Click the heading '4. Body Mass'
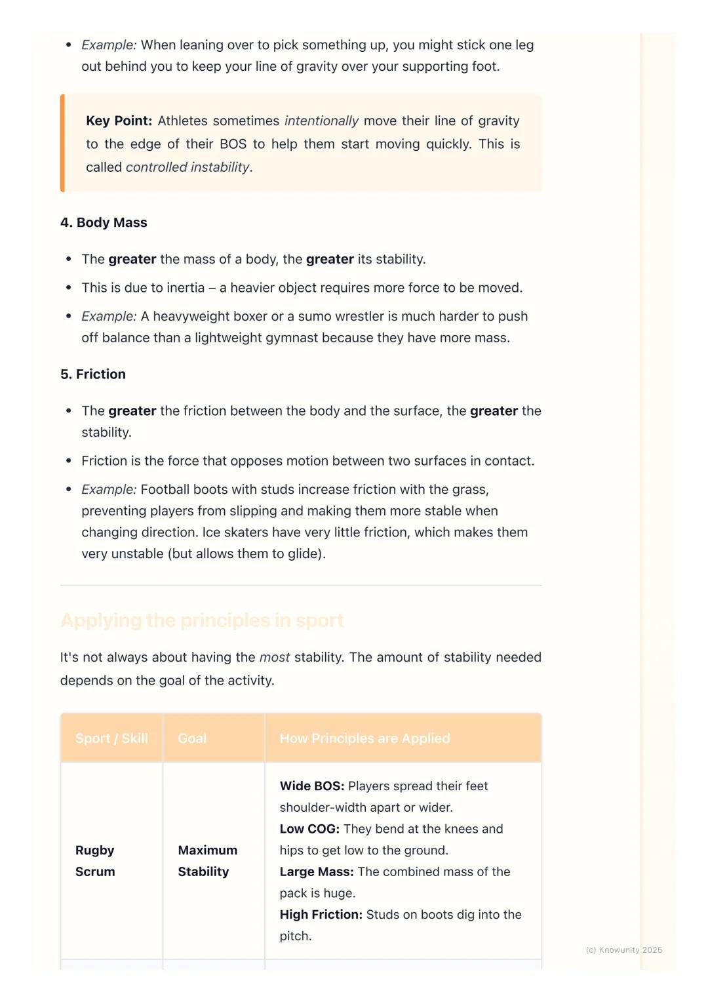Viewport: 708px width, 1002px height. point(104,222)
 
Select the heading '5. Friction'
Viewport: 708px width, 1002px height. point(93,374)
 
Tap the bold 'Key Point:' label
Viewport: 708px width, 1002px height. point(119,121)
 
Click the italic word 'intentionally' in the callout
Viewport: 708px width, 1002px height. point(321,121)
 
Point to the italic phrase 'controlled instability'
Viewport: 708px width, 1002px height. point(187,167)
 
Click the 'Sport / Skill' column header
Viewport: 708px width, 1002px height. point(111,738)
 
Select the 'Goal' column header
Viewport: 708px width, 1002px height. point(192,738)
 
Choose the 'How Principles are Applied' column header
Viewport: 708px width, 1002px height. point(365,738)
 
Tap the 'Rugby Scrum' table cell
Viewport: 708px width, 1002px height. point(95,860)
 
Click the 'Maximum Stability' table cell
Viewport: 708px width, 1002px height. point(207,860)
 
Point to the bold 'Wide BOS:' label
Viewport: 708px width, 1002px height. point(311,786)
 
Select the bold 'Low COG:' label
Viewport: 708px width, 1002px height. point(309,829)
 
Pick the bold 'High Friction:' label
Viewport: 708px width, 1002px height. point(321,914)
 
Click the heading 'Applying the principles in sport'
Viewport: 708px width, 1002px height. point(202,620)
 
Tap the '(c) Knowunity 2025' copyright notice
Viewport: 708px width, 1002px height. point(623,950)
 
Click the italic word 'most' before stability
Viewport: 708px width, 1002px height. point(275,657)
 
